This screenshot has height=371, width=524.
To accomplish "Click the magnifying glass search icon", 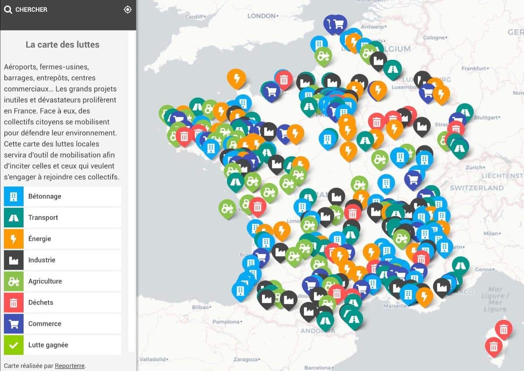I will point(8,9).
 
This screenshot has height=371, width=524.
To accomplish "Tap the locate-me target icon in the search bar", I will point(128,9).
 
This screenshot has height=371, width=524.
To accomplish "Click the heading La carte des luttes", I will point(62,45).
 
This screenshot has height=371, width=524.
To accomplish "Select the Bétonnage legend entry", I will point(62,196).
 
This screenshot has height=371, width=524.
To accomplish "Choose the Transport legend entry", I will point(62,217).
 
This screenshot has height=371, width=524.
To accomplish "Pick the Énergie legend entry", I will point(62,239).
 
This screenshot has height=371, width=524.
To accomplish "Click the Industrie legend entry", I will point(62,260).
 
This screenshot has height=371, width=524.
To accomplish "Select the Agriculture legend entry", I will point(62,281).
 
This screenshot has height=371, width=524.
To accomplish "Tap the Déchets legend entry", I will point(62,302).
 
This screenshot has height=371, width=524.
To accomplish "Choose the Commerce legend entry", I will point(62,324).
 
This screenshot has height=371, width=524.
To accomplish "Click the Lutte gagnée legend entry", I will point(62,345).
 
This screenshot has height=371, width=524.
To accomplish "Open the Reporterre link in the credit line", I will point(69,366).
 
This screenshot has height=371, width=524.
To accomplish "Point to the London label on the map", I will point(262,16).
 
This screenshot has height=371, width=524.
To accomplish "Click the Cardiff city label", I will point(195,17).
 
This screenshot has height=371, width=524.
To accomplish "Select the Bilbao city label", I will point(201,307).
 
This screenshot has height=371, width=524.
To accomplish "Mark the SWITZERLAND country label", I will point(477,188).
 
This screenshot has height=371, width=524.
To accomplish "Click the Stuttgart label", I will point(486,117).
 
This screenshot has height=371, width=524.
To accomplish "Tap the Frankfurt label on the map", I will point(474,69).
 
